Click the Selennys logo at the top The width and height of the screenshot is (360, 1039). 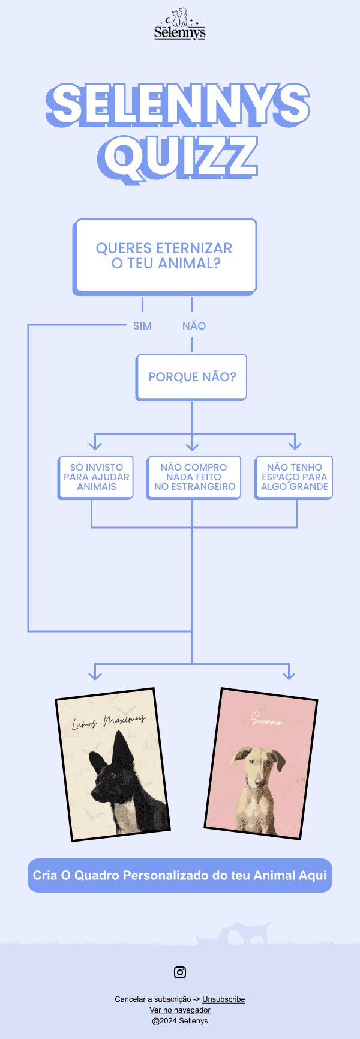pyautogui.click(x=180, y=25)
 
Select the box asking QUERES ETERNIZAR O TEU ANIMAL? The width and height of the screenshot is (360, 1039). pyautogui.click(x=164, y=256)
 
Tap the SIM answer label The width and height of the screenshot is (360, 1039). pyautogui.click(x=142, y=326)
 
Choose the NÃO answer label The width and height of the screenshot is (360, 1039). pyautogui.click(x=194, y=326)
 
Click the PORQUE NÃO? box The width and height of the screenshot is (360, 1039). pyautogui.click(x=192, y=377)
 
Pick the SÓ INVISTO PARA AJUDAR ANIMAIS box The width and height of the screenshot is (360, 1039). pyautogui.click(x=96, y=477)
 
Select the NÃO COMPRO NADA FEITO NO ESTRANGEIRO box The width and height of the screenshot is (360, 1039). pyautogui.click(x=194, y=477)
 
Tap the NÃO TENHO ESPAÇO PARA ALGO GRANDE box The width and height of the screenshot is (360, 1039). pyautogui.click(x=294, y=477)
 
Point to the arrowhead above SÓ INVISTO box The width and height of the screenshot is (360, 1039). pyautogui.click(x=95, y=445)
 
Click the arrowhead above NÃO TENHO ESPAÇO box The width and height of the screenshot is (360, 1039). pyautogui.click(x=295, y=445)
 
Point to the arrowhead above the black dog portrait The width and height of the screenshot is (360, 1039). pyautogui.click(x=95, y=675)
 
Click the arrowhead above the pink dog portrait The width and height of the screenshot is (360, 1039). pyautogui.click(x=289, y=675)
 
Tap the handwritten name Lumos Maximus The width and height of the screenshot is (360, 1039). pyautogui.click(x=108, y=721)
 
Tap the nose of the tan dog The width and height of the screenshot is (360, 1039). pyautogui.click(x=259, y=783)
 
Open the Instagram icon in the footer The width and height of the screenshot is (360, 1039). pyautogui.click(x=180, y=972)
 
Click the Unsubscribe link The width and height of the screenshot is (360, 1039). pyautogui.click(x=223, y=999)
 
